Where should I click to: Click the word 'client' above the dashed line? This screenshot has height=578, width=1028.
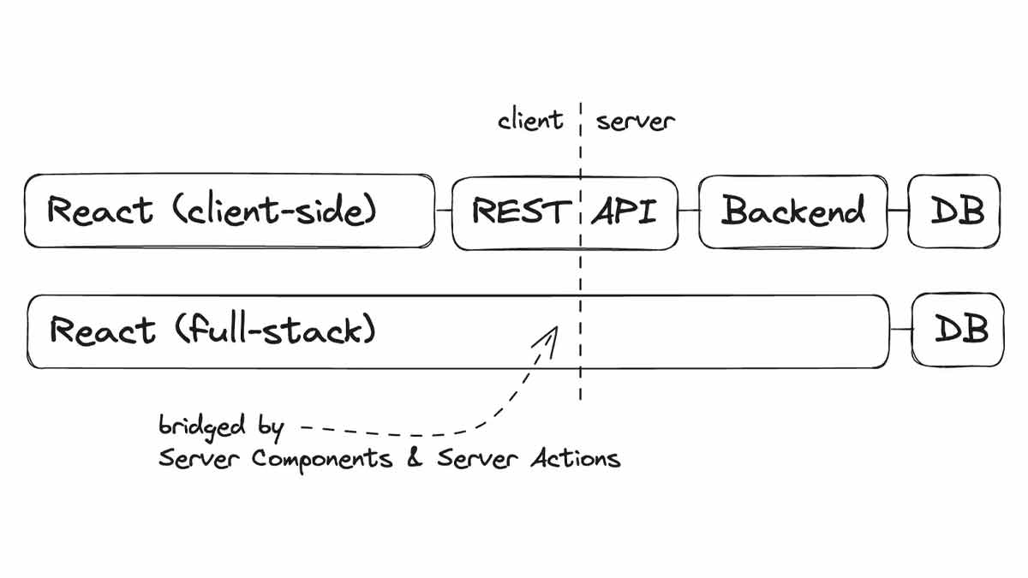[530, 121]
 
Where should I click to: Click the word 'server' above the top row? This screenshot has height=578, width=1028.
[636, 121]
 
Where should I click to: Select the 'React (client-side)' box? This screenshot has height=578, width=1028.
[230, 212]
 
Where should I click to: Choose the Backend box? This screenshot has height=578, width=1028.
[792, 212]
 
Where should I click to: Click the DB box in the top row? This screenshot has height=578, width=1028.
[954, 212]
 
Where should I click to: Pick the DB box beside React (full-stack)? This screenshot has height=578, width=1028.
[958, 330]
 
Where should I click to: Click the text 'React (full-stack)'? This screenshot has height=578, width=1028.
[212, 330]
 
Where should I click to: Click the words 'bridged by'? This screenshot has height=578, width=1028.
[221, 426]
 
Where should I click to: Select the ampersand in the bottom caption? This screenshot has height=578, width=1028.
[415, 458]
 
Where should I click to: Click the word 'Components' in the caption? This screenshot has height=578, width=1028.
[322, 459]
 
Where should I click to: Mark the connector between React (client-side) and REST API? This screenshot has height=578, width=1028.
[443, 212]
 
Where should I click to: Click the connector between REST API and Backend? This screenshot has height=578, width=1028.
[688, 212]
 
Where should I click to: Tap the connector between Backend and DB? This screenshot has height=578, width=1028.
[898, 212]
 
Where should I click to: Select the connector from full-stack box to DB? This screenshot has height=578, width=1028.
[900, 330]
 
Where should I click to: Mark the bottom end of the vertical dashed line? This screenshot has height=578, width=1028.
[581, 397]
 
